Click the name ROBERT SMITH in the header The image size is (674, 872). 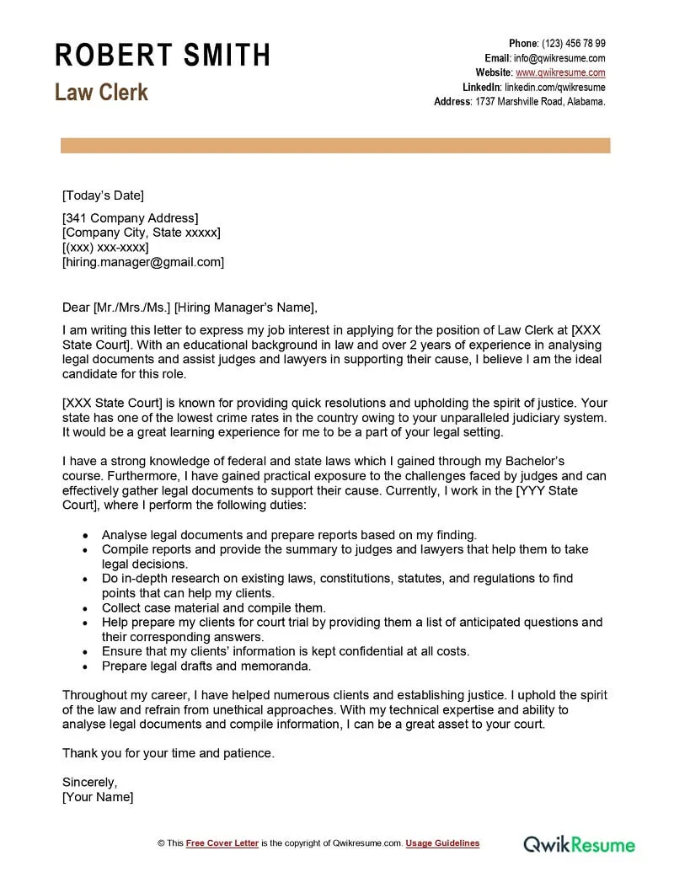(x=163, y=55)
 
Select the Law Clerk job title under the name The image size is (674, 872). (x=101, y=92)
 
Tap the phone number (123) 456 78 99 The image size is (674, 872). (x=573, y=44)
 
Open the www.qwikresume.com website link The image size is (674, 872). (x=560, y=72)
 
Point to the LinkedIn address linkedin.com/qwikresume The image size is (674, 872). (x=554, y=87)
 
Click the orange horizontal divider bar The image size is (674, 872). (x=335, y=146)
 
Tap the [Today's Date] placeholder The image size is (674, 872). (x=103, y=195)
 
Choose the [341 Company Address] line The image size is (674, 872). (x=131, y=218)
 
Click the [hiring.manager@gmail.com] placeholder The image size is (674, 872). (x=143, y=262)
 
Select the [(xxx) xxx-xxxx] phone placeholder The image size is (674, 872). (x=105, y=248)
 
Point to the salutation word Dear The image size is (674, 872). (x=76, y=307)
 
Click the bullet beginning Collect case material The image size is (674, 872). (x=213, y=607)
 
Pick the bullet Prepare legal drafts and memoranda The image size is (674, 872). (x=206, y=666)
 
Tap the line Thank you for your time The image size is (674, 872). (x=168, y=753)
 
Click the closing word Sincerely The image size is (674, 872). (x=89, y=782)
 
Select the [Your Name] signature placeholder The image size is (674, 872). (x=98, y=797)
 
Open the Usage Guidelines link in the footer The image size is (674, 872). (x=442, y=843)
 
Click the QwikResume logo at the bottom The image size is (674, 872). (x=580, y=843)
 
